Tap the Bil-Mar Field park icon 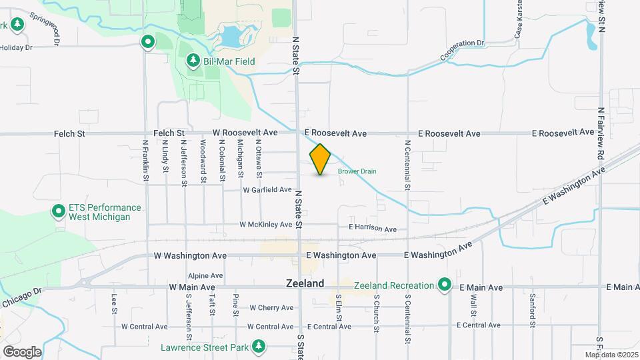pyautogui.click(x=193, y=61)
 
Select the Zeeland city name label pyautogui.click(x=305, y=283)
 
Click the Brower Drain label pyautogui.click(x=357, y=171)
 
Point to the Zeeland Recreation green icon pyautogui.click(x=445, y=286)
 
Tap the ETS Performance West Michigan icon pyautogui.click(x=59, y=213)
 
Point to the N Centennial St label pyautogui.click(x=407, y=164)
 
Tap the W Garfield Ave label pyautogui.click(x=267, y=190)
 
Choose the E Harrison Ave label pyautogui.click(x=373, y=229)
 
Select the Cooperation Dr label pyautogui.click(x=461, y=51)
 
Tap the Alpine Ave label pyautogui.click(x=205, y=275)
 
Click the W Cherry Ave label pyautogui.click(x=271, y=308)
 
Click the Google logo pyautogui.click(x=22, y=351)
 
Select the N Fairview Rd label pyautogui.click(x=601, y=133)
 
